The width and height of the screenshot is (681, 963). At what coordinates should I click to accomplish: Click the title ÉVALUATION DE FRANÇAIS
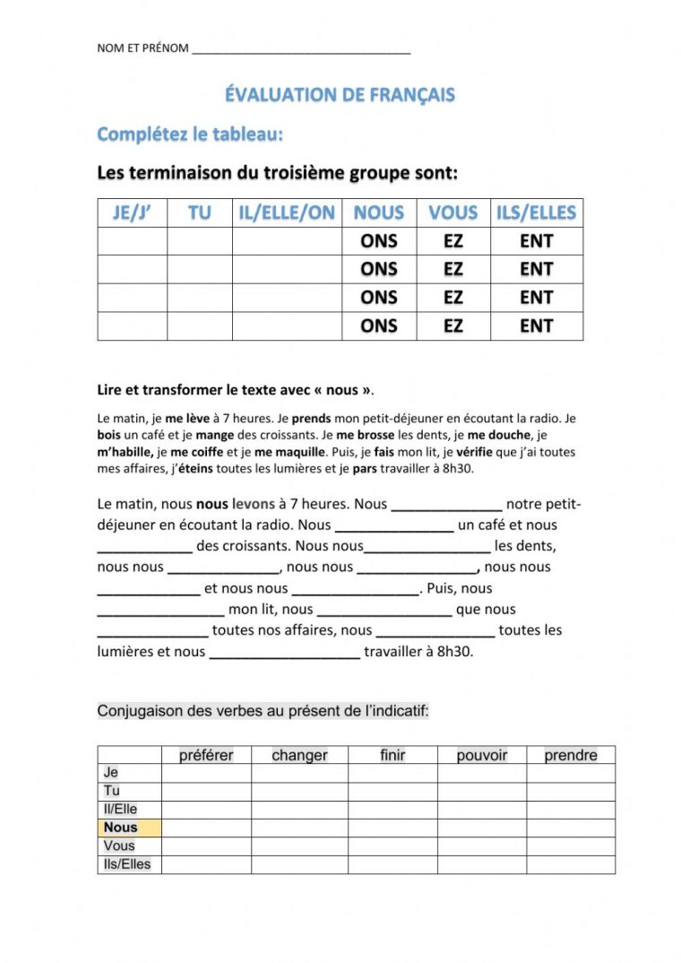coord(340,95)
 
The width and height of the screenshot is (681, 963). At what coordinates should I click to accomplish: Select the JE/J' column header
coord(132,213)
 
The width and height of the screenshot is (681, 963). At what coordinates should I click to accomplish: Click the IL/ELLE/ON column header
coord(287,213)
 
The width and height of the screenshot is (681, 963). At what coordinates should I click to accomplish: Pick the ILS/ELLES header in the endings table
coord(536,213)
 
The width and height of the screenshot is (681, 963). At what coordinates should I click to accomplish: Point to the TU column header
coord(199,213)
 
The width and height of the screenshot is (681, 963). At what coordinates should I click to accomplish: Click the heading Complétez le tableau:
coord(189,134)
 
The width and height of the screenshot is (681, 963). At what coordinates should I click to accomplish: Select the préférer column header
coord(206,755)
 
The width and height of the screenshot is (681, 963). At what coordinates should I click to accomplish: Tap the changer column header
coord(299,755)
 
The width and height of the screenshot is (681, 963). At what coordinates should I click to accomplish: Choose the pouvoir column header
coord(481,755)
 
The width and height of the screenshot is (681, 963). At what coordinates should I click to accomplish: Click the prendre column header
coord(570,755)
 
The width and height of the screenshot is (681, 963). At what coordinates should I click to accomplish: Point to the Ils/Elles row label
coord(128,864)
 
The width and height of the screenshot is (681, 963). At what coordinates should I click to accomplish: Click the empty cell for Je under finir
coord(392,773)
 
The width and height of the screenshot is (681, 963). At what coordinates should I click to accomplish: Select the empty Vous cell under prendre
coord(570,846)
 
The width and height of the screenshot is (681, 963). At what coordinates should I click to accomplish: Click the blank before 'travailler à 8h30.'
coord(284,653)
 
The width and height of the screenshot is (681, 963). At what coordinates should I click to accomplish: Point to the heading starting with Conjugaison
coord(263,712)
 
